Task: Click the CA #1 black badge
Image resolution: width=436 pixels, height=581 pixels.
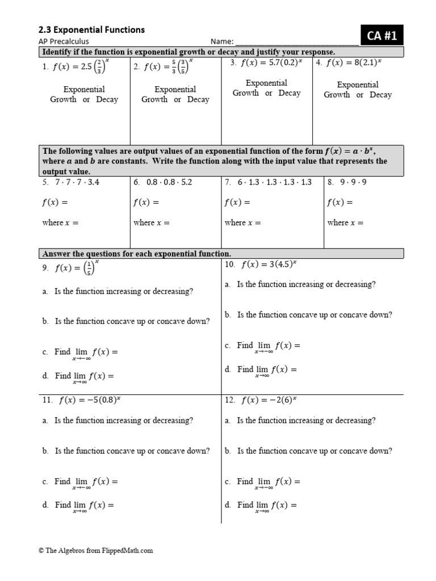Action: (381, 36)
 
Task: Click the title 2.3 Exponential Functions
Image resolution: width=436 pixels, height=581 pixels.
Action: (91, 30)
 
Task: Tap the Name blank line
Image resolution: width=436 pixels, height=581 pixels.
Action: (296, 42)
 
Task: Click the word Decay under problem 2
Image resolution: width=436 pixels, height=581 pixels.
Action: (198, 99)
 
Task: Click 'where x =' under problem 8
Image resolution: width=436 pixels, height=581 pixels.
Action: (346, 222)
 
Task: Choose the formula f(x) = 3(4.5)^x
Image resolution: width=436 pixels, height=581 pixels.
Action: (270, 264)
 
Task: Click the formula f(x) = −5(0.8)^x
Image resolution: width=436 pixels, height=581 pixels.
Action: (90, 400)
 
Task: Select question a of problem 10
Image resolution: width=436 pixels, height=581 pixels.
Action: (305, 284)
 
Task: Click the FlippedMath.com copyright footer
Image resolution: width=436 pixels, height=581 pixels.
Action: (96, 550)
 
